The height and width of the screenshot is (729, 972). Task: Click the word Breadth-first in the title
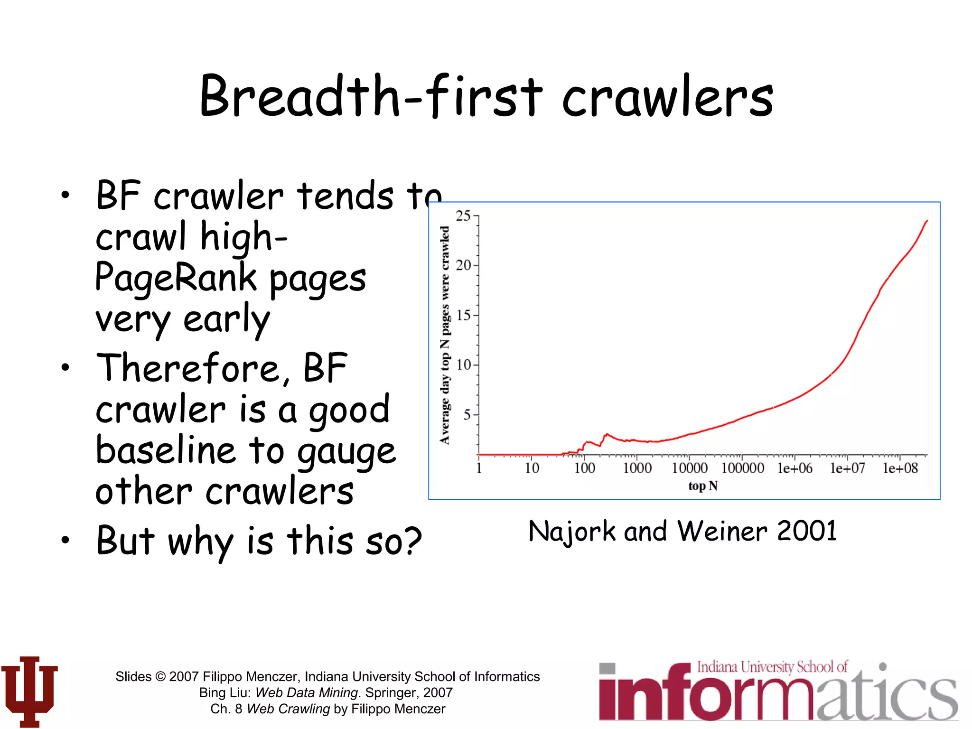click(370, 96)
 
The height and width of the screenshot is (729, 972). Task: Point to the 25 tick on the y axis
click(464, 216)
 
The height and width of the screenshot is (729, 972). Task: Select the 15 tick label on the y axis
click(464, 315)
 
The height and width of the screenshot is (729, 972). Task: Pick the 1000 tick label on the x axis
click(637, 468)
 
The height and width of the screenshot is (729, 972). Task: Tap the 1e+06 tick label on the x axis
click(794, 468)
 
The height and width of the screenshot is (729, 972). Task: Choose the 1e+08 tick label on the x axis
click(900, 468)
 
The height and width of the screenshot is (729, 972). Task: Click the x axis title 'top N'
click(703, 486)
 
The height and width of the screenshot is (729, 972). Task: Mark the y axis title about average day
click(445, 335)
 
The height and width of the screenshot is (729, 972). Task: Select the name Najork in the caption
click(572, 532)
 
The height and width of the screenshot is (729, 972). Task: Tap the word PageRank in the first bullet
click(175, 278)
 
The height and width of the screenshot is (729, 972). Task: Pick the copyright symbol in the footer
click(160, 676)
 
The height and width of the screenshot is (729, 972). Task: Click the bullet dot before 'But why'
click(65, 540)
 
